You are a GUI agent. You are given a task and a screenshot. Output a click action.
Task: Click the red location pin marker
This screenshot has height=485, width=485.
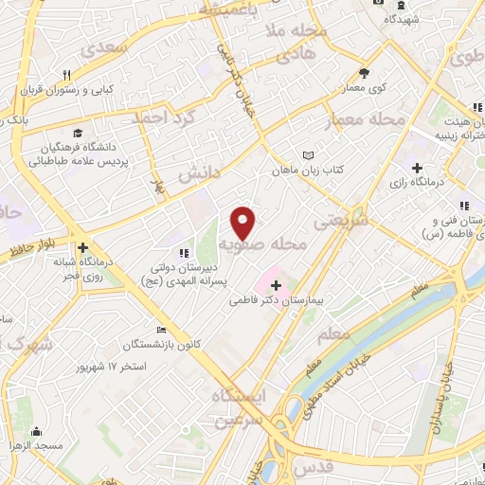click(244, 222)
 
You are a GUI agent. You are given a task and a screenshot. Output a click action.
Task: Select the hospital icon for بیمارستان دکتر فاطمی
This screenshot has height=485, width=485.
click(276, 285)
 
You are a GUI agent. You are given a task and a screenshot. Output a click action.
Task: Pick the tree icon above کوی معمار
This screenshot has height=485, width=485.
click(366, 72)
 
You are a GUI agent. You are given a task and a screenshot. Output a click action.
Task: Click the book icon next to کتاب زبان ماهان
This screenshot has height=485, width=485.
click(306, 155)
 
